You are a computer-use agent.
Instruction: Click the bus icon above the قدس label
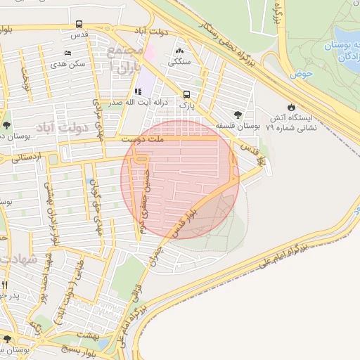[x=79, y=24]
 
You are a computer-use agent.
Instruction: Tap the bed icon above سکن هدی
[x=67, y=53]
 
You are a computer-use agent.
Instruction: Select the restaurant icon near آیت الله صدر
[x=137, y=92]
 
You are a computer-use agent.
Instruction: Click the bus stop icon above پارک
[x=186, y=94]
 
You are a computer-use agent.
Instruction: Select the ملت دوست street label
[x=141, y=140]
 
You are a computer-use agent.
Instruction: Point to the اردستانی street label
[x=27, y=158]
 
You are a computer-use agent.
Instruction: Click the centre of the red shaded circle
[x=180, y=179]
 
